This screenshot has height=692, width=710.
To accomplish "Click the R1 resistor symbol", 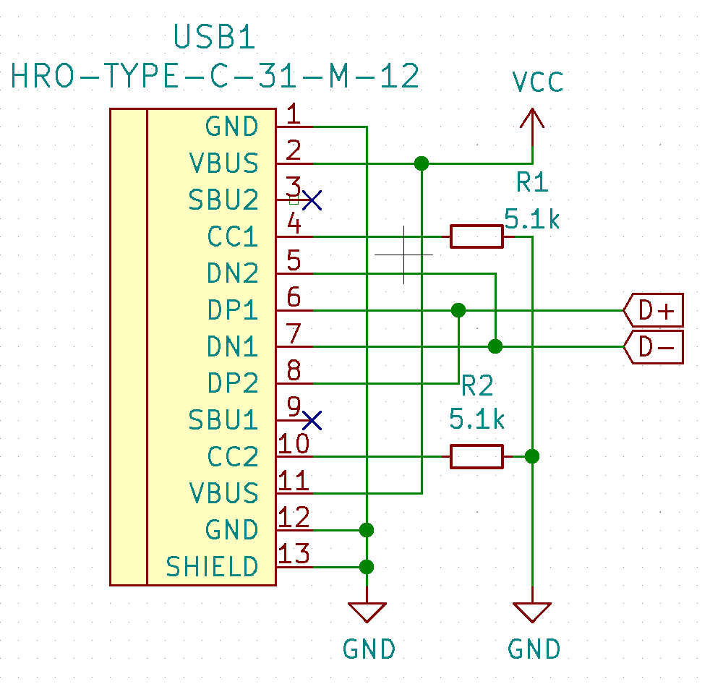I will click(x=476, y=236).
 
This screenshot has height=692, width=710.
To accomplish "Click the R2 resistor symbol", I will click(x=476, y=456).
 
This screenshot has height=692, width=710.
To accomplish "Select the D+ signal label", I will click(x=654, y=311).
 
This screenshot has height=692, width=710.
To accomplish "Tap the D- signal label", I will click(x=654, y=348).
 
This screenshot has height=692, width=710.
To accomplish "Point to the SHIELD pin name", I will click(x=212, y=567).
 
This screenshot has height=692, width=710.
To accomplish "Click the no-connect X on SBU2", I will click(x=312, y=200).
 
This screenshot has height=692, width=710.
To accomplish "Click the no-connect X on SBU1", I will click(x=312, y=420).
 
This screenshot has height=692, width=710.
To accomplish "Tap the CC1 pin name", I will click(x=232, y=237).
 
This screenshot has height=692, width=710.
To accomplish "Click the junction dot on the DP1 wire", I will click(x=458, y=311).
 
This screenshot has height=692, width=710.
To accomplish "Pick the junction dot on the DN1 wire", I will click(x=495, y=347).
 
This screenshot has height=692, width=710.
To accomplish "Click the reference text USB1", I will click(x=215, y=38).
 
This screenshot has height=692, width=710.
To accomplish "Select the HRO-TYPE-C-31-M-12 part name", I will click(x=215, y=76).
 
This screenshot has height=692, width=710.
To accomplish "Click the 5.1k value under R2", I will click(x=476, y=419).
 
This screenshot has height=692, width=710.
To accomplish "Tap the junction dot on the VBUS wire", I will click(x=422, y=163).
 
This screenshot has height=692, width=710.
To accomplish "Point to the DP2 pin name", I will click(x=232, y=383).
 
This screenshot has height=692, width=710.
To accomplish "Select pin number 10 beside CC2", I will click(x=295, y=443).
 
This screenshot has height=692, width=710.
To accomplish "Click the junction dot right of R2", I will click(x=532, y=456).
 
